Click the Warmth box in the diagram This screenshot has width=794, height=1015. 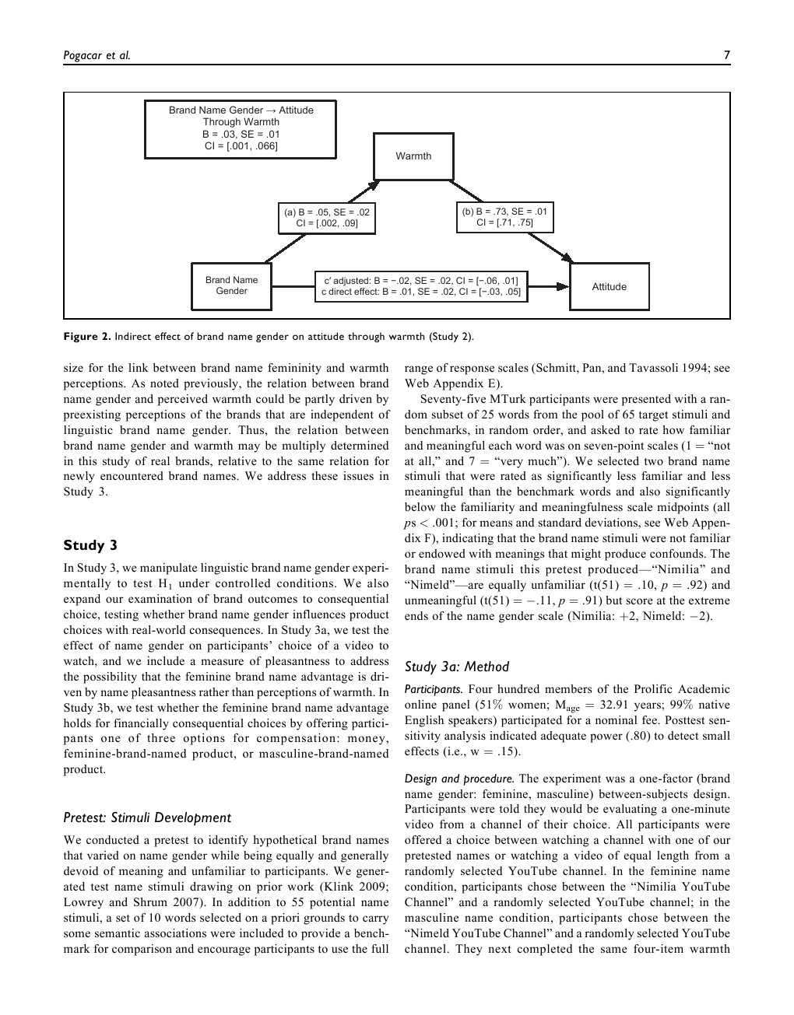(x=413, y=156)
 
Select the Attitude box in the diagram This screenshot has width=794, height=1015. (x=609, y=287)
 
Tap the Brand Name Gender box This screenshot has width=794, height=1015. (x=232, y=286)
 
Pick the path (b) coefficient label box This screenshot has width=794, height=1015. (x=504, y=217)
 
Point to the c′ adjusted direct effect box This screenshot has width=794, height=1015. (x=421, y=286)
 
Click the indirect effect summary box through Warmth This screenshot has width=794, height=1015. (x=241, y=128)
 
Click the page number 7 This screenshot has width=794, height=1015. (x=726, y=54)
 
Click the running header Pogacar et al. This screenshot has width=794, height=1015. (x=97, y=54)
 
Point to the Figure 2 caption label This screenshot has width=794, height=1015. (x=87, y=337)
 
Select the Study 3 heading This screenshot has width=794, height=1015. (x=90, y=545)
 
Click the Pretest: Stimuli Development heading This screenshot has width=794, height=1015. (x=147, y=817)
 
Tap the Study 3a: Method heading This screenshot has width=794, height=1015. (x=457, y=667)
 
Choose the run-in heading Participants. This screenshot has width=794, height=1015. (x=434, y=689)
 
